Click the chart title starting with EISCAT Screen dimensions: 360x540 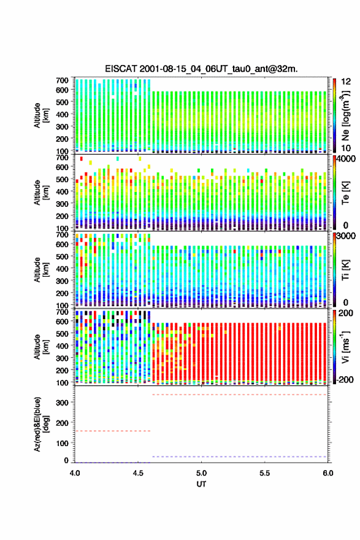(201, 69)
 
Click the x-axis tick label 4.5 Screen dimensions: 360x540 (137, 473)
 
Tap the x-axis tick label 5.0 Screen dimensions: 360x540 (201, 473)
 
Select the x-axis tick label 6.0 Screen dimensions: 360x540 (328, 473)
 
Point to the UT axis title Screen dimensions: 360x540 (201, 484)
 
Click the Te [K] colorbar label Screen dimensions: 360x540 (345, 193)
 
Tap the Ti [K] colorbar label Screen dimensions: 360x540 (345, 270)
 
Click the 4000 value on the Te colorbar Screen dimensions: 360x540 (346, 159)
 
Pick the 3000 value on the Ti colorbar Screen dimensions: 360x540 (346, 236)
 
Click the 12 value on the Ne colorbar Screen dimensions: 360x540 (346, 82)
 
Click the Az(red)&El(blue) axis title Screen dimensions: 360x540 (41, 424)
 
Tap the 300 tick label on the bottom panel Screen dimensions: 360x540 (63, 403)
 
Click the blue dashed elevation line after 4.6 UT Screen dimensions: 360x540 (239, 457)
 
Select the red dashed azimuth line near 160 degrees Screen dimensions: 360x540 (113, 431)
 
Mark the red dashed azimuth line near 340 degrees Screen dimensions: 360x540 (239, 395)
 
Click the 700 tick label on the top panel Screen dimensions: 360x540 (63, 80)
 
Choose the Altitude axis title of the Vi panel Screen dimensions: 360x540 (41, 347)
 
